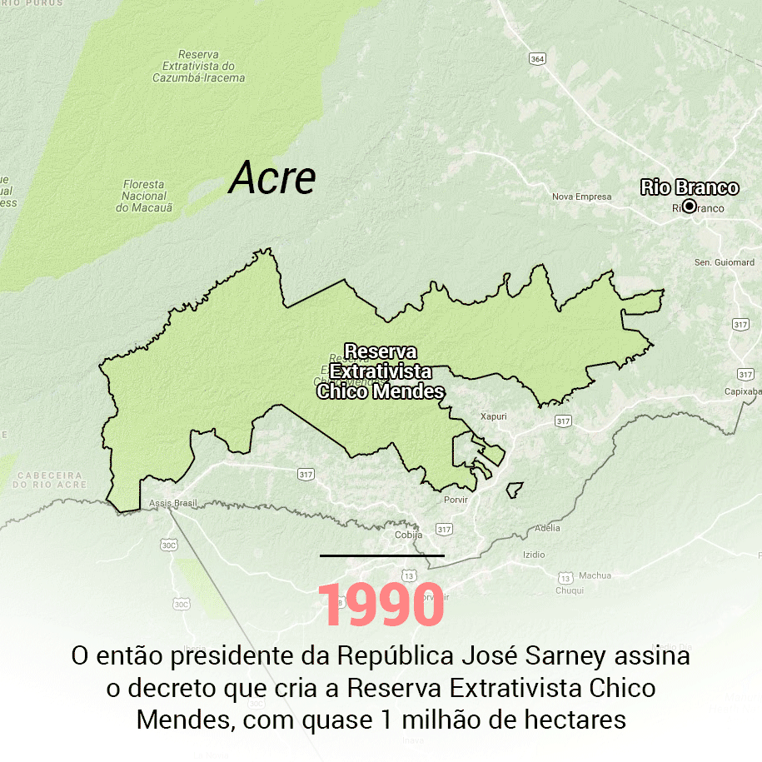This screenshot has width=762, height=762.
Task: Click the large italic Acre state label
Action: point(273,178)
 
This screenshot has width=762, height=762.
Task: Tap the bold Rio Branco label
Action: point(690,187)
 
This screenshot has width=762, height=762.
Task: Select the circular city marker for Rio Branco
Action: point(689,206)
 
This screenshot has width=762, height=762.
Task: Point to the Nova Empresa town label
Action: point(581,197)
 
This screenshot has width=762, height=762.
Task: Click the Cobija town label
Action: point(408,535)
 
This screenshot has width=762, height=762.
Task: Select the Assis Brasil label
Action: point(173,504)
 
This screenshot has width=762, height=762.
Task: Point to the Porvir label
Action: point(456,500)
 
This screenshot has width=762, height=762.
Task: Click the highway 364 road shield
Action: point(537,58)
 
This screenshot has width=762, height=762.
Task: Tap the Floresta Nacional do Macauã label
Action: point(143,196)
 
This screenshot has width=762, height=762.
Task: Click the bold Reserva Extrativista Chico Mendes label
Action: point(381,371)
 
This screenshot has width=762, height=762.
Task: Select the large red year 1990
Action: point(381,605)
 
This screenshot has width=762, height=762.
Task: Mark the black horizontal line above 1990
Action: point(381,555)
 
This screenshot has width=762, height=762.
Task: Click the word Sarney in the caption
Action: point(567,657)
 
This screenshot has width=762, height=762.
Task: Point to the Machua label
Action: point(595,575)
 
